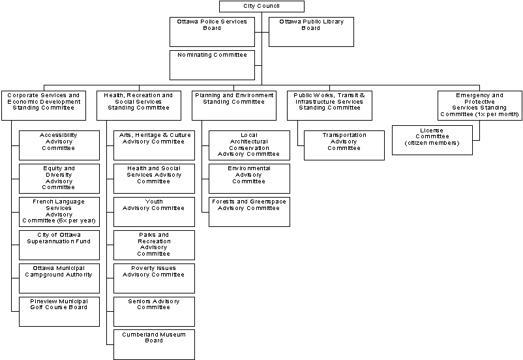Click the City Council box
[x=261, y=7]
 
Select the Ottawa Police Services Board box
[x=212, y=32]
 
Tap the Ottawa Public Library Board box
[x=311, y=32]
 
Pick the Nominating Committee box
[x=212, y=65]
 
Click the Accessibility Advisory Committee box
[x=59, y=145]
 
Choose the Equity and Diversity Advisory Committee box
[x=59, y=179]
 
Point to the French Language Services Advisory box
[x=59, y=212]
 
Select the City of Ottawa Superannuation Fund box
[x=59, y=245]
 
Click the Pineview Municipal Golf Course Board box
[x=59, y=312]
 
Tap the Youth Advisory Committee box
[x=154, y=212]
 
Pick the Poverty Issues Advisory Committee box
[x=154, y=278]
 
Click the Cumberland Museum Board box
[x=154, y=344]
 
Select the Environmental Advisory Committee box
[x=249, y=179]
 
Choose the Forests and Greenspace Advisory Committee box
[x=249, y=212]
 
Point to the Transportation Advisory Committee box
[x=344, y=145]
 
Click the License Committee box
[x=432, y=140]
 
